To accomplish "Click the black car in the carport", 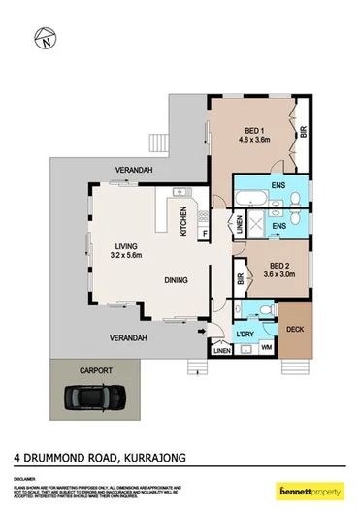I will tap(91, 398).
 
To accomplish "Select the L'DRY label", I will tap(245, 335).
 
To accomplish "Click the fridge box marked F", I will tap(205, 234).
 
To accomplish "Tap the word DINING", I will tap(175, 279).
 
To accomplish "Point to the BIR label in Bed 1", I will tap(303, 133).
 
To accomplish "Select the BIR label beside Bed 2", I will tap(239, 278).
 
